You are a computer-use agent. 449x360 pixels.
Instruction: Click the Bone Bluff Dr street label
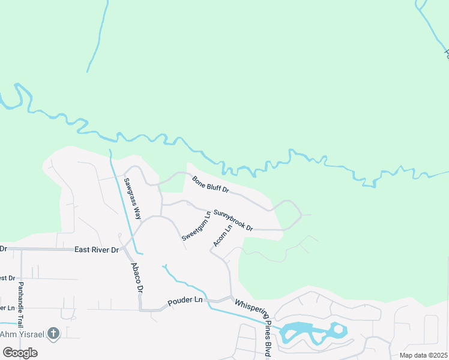211,184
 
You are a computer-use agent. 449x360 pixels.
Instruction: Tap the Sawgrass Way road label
132,197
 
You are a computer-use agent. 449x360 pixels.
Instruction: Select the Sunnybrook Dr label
233,221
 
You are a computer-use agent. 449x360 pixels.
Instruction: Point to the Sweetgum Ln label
196,226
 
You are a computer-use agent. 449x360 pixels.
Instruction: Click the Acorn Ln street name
222,236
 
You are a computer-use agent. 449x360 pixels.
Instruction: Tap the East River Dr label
96,250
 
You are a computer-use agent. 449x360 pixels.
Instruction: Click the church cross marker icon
53,333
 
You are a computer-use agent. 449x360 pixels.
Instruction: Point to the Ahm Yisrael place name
22,334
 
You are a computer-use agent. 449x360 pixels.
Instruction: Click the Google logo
20,353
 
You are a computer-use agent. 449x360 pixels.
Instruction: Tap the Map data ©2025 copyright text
423,355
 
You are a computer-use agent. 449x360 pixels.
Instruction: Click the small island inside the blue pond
338,329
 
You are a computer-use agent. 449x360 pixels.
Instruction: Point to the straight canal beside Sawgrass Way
125,204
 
